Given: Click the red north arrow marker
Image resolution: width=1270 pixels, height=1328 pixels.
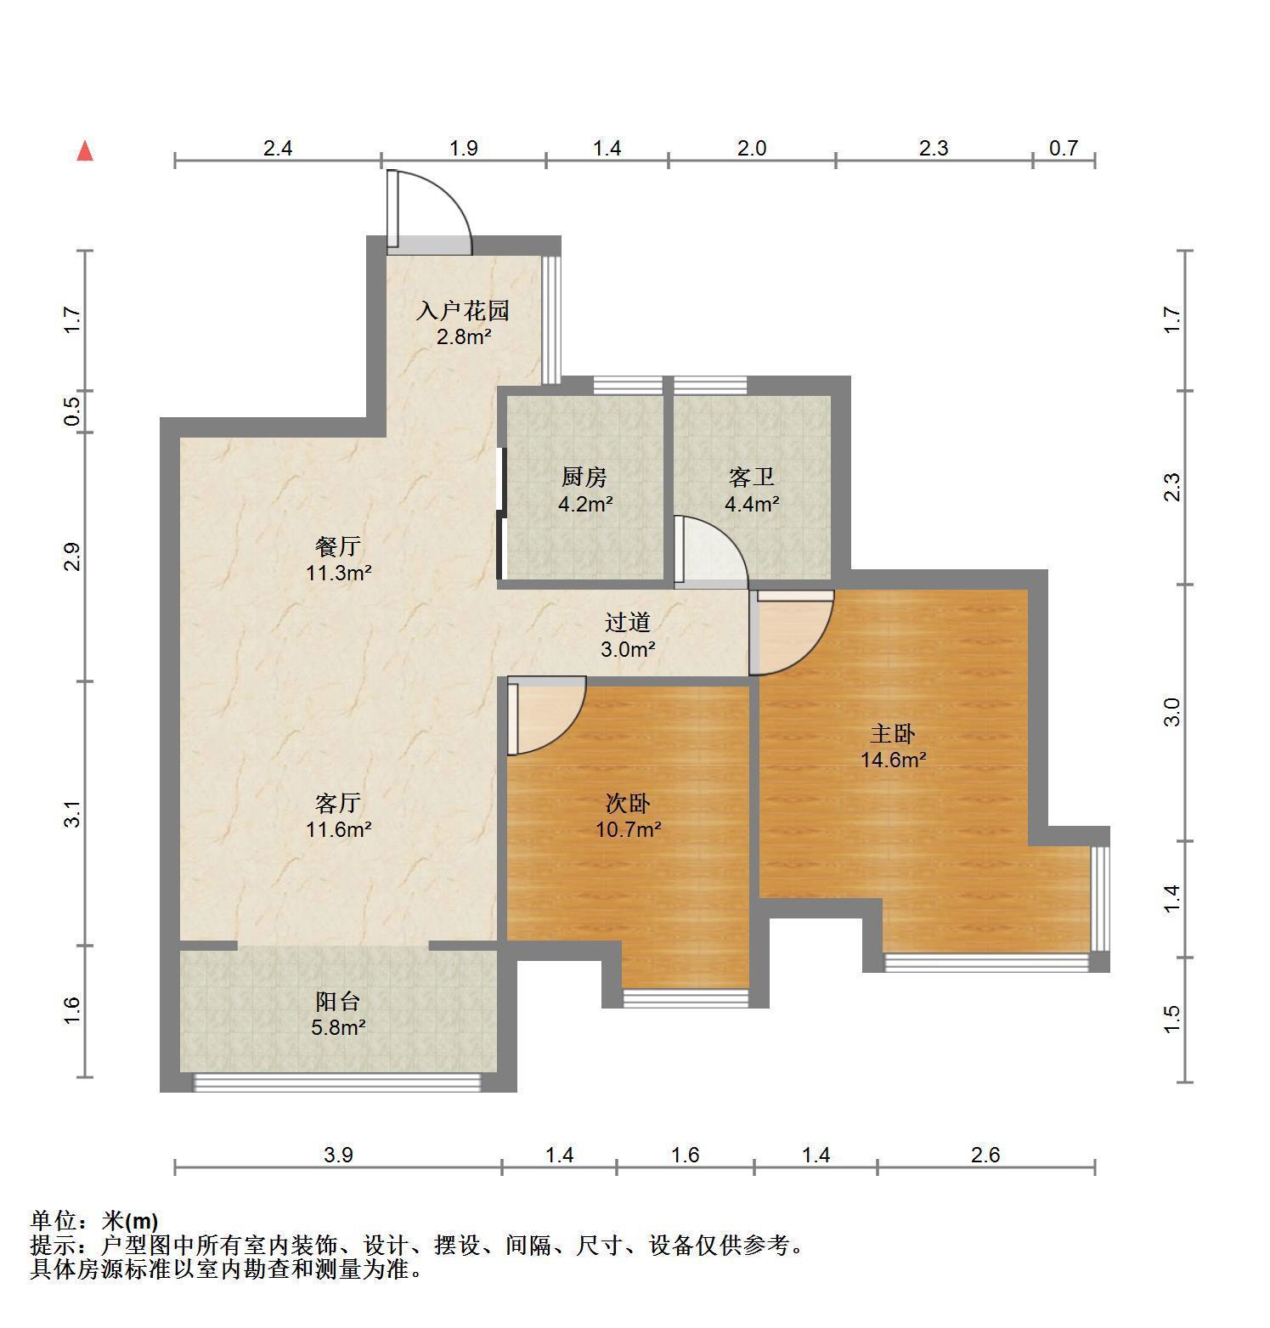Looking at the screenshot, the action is pyautogui.click(x=85, y=151).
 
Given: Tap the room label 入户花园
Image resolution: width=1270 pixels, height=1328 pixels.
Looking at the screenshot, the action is pyautogui.click(x=463, y=310).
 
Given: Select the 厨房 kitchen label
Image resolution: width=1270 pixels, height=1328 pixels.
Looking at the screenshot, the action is pyautogui.click(x=584, y=477).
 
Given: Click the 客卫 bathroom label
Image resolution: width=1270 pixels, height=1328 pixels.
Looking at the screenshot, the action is pyautogui.click(x=752, y=477).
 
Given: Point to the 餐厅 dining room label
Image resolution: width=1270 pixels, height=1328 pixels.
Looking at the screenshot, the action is pyautogui.click(x=338, y=545).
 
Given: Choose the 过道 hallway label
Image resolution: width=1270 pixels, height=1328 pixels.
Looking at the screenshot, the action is pyautogui.click(x=629, y=623).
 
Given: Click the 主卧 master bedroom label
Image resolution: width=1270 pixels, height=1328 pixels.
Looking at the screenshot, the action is pyautogui.click(x=893, y=732).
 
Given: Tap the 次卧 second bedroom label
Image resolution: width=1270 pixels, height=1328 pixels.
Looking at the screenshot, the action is pyautogui.click(x=629, y=802).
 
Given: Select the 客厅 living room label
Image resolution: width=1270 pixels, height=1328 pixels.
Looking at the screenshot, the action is pyautogui.click(x=338, y=802).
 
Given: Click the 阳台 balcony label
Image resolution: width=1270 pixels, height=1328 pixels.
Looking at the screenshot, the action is pyautogui.click(x=338, y=1001).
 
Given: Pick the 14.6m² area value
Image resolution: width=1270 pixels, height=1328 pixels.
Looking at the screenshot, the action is pyautogui.click(x=893, y=760).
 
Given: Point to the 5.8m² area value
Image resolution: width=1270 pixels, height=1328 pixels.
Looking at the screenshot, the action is pyautogui.click(x=338, y=1027).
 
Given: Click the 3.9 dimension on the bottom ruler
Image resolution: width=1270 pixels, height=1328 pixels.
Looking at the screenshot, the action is pyautogui.click(x=338, y=1155).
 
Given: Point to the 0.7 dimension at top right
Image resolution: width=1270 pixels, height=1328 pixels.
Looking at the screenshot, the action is pyautogui.click(x=1064, y=149).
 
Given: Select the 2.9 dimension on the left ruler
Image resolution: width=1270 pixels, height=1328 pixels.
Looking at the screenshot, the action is pyautogui.click(x=73, y=557).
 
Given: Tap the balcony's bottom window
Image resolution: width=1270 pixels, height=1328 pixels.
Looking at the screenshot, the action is pyautogui.click(x=337, y=1082).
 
